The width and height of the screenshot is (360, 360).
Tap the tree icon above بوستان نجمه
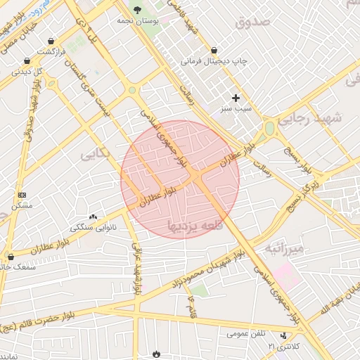coord(136,10)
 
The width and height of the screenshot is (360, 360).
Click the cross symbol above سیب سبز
coord(236,98)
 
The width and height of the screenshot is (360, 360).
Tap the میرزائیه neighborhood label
coord(285,249)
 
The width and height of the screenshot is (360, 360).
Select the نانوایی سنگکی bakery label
coord(94,228)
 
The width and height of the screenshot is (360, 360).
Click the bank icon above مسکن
coord(22,194)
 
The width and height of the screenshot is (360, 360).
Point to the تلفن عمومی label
coord(247,334)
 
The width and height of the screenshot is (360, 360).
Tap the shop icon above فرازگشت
coord(53,41)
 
